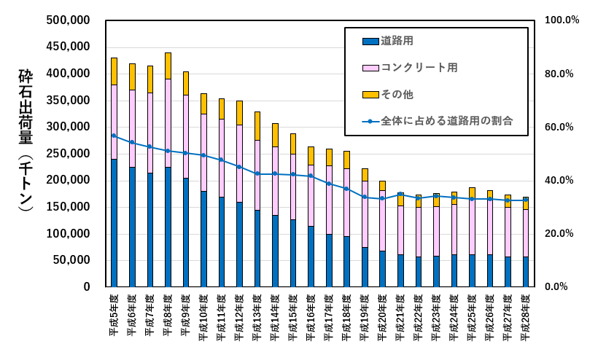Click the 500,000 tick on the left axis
click(69, 20)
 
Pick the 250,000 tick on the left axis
click(69, 154)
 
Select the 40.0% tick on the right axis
click(559, 180)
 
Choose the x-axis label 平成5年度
click(114, 317)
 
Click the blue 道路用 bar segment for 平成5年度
click(114, 222)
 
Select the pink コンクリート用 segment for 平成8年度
click(168, 122)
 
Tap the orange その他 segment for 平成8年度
click(168, 66)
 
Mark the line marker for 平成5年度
click(114, 136)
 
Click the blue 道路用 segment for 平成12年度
click(239, 244)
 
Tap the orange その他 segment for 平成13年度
click(257, 125)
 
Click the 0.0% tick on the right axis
click(559, 286)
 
